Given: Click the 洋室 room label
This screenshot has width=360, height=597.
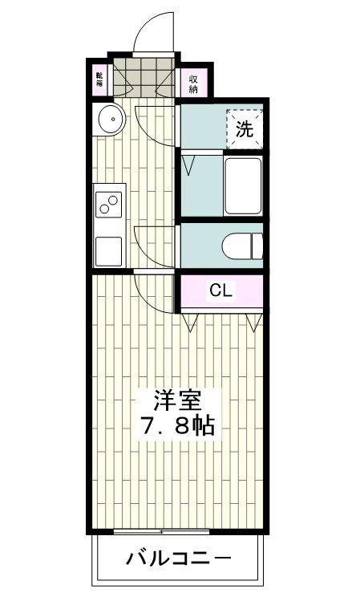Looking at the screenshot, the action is [177, 401].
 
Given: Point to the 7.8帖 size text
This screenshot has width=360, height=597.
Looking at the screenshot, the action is [178, 426].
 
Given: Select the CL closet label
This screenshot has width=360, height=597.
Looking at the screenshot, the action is [220, 291].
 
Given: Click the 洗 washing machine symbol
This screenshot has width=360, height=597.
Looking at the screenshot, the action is [245, 129].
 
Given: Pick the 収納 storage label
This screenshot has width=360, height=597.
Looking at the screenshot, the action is [193, 84].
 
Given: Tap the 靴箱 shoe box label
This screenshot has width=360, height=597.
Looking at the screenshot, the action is [99, 79].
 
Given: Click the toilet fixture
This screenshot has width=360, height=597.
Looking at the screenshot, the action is [242, 246].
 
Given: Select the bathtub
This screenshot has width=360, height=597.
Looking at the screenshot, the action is [243, 186].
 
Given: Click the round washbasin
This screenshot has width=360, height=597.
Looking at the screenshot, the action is [112, 119].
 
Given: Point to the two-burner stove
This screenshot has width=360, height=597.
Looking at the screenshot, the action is [108, 205].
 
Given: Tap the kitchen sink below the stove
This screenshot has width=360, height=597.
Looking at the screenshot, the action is [108, 251].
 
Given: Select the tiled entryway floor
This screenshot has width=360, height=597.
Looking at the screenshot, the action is [144, 78].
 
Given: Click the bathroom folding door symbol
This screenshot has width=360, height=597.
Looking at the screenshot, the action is [188, 164].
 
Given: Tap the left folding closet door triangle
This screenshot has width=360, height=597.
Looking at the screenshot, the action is [189, 322].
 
